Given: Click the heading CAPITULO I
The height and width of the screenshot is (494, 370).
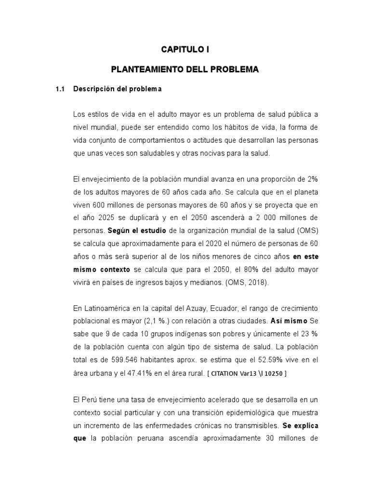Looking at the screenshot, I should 185,49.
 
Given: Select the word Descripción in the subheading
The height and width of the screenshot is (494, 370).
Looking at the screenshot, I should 93,89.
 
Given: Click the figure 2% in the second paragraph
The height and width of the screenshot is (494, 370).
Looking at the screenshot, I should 312,178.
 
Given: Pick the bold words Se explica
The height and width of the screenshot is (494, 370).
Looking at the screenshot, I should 300,426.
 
